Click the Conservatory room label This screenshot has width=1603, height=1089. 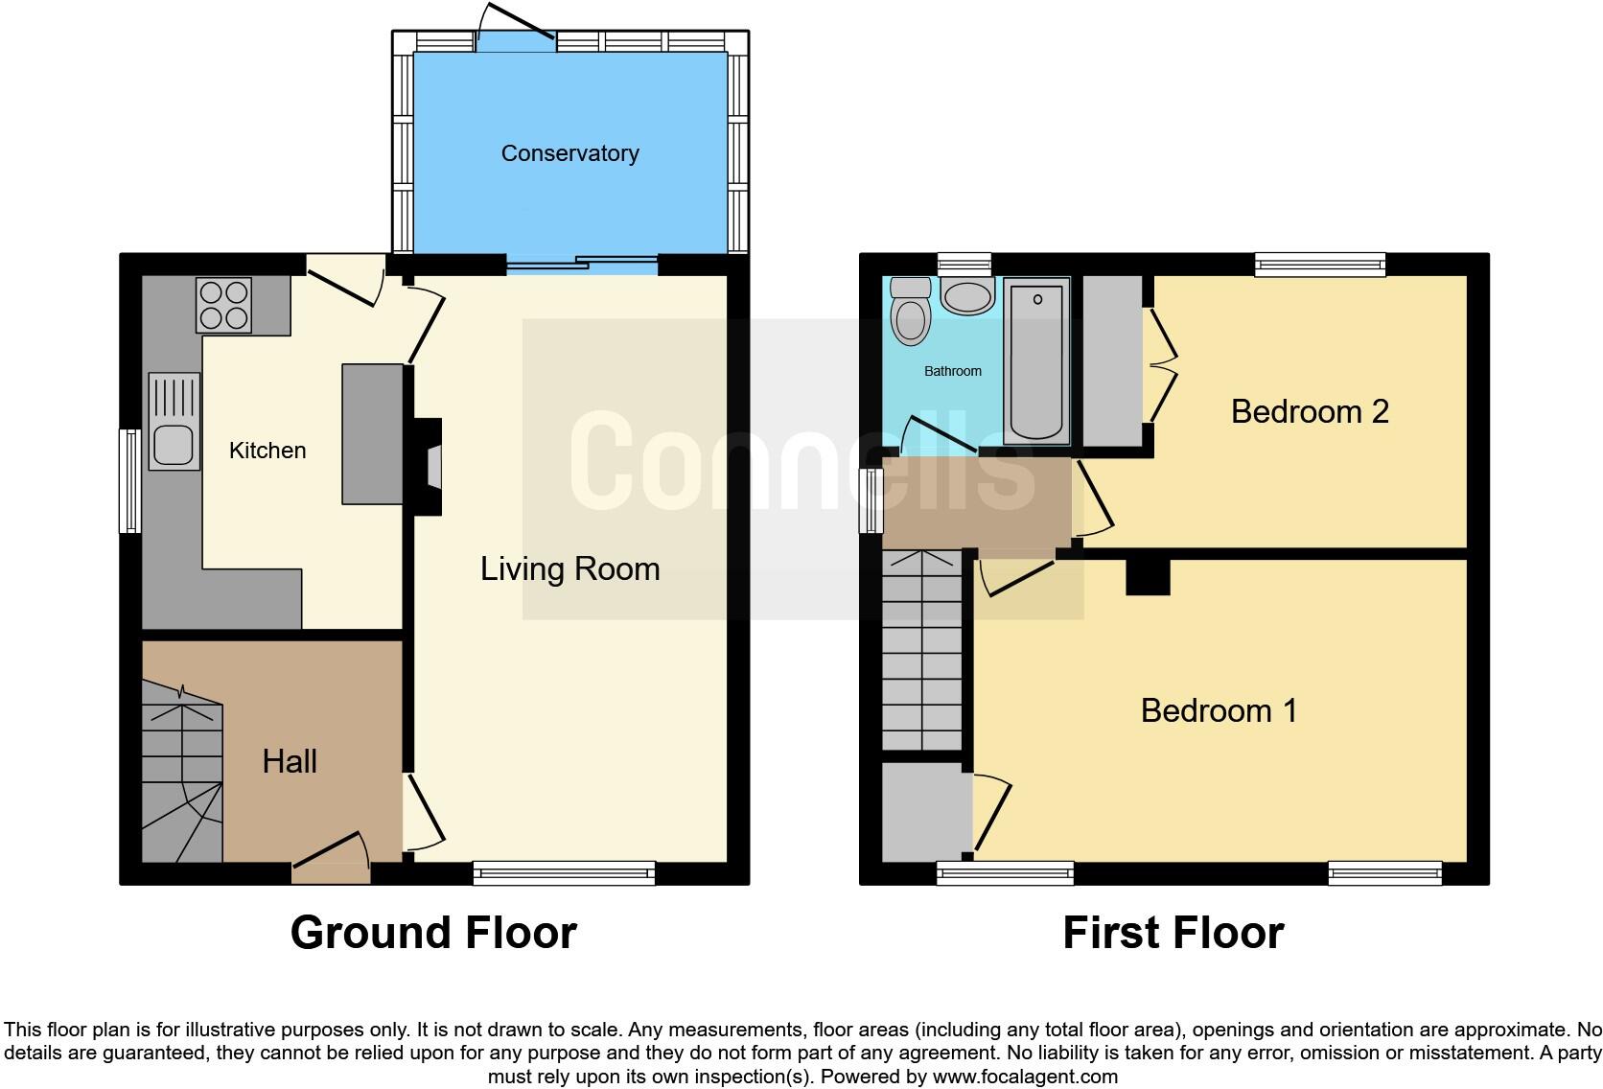point(569,153)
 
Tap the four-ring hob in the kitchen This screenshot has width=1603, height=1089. point(224,304)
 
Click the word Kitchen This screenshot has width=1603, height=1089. point(267,451)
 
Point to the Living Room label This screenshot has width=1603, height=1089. point(569,568)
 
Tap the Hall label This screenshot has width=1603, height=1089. point(290,761)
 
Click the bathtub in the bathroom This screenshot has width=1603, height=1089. point(1036,362)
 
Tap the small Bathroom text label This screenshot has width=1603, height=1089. point(952,371)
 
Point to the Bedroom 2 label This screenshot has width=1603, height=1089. point(1310,411)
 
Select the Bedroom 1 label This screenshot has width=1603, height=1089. point(1219,710)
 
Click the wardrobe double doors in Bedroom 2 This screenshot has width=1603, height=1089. point(1161,364)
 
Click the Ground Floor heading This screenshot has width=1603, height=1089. point(433,933)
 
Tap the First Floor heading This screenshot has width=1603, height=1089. point(1173,933)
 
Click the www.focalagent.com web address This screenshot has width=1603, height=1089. point(1025,1077)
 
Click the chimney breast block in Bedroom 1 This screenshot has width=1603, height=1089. point(1148,576)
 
